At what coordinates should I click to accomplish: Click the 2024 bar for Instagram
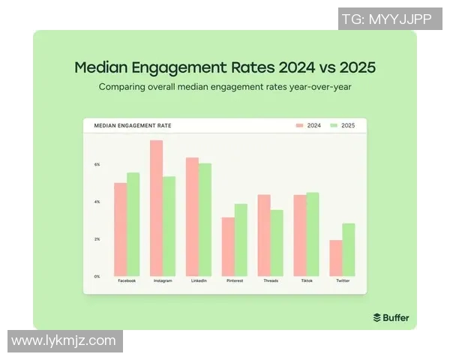(x=156, y=208)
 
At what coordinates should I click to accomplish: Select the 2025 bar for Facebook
(x=133, y=224)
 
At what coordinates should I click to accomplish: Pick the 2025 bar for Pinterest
(x=241, y=239)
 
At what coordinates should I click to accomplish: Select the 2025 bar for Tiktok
(x=313, y=234)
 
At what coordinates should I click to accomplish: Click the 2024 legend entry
(x=308, y=125)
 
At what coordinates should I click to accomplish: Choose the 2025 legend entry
(x=344, y=125)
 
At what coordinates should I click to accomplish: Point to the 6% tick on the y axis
(x=97, y=164)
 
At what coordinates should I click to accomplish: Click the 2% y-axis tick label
(x=97, y=238)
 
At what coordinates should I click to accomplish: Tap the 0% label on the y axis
(x=97, y=276)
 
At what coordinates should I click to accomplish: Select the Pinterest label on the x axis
(x=235, y=280)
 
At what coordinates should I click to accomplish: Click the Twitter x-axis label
(x=343, y=280)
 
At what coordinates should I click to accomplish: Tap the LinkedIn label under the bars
(x=199, y=280)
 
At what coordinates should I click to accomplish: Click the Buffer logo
(x=391, y=317)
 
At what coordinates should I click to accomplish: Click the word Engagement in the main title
(x=173, y=67)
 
